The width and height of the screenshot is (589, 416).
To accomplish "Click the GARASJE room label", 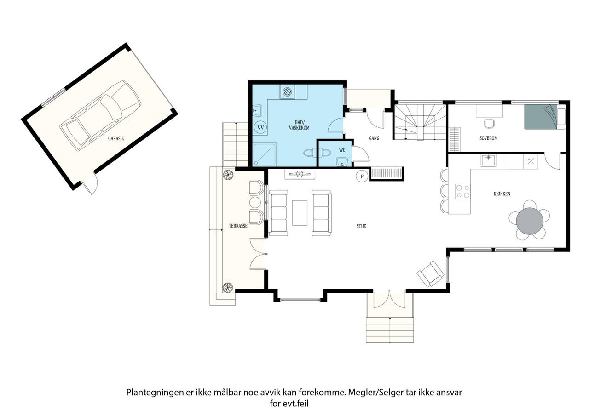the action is (x=115, y=138).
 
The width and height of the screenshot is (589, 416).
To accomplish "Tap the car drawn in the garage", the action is (x=100, y=115).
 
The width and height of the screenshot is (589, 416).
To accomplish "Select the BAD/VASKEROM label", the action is (x=299, y=125).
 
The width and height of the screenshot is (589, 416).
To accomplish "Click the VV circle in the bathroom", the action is (x=260, y=127).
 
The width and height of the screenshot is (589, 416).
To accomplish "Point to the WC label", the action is (x=342, y=150).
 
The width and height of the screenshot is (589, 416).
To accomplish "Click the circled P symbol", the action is (x=362, y=176).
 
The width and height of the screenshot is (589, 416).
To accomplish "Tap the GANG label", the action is (x=374, y=138).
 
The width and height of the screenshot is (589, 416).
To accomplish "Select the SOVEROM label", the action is (x=489, y=138).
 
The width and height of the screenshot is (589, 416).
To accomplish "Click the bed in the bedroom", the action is (x=545, y=117).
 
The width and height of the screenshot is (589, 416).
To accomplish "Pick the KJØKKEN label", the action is (x=502, y=194).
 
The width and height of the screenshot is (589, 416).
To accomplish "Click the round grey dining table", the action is (x=530, y=221).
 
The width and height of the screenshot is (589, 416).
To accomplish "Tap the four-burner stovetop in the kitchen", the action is (x=463, y=192).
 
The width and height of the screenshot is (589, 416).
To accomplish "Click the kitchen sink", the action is (x=488, y=160).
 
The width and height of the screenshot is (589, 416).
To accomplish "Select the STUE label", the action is (x=361, y=226).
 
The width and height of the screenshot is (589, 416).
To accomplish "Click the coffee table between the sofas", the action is (x=300, y=213).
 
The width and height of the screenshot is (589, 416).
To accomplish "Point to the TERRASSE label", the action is (x=238, y=226).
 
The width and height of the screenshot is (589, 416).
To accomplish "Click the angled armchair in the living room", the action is (x=430, y=274).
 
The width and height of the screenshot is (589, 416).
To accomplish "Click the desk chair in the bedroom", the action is (x=489, y=123).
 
